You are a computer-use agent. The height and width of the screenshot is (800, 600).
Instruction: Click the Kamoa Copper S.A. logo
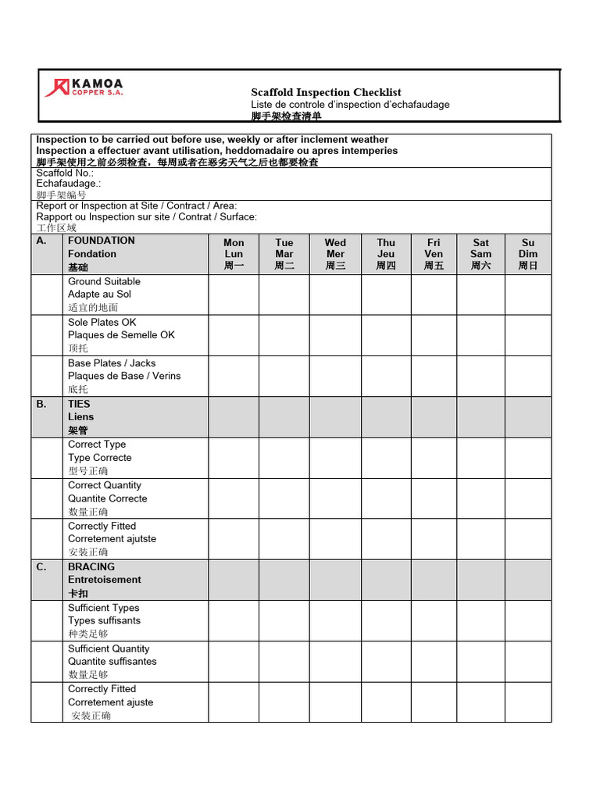[x=84, y=87]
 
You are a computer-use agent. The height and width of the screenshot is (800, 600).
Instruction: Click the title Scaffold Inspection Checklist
[x=326, y=92]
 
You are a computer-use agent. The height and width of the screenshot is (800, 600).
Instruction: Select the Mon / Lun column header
[x=234, y=254]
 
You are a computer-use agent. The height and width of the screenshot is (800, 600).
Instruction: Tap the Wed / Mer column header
[x=335, y=254]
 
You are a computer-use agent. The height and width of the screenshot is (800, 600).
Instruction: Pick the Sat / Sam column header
[x=480, y=254]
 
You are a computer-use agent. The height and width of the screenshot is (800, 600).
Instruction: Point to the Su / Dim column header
[x=528, y=254]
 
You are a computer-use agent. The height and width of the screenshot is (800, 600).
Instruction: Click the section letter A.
[x=41, y=241]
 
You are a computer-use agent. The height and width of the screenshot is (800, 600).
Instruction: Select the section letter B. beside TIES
[x=41, y=404]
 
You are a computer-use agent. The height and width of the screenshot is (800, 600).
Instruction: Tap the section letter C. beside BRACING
[x=41, y=567]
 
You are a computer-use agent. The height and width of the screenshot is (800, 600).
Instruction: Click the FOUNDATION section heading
[x=102, y=241]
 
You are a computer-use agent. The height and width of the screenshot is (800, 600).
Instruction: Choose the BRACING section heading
[x=91, y=567]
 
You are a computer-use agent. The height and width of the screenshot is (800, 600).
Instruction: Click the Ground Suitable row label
[x=104, y=281]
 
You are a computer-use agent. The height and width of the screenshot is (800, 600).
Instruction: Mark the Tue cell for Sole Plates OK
[x=284, y=335]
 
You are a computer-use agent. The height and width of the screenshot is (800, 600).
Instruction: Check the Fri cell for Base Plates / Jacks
[x=434, y=376]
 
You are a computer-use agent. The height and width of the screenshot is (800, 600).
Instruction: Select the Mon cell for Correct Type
[x=234, y=458]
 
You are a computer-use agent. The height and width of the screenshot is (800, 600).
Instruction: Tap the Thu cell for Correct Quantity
[x=386, y=498]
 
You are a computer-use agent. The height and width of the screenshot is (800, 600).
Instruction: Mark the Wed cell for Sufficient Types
[x=335, y=620]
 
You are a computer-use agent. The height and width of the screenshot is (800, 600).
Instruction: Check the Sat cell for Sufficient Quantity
[x=480, y=661]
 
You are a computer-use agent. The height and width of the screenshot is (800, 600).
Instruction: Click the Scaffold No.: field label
[x=65, y=173]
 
